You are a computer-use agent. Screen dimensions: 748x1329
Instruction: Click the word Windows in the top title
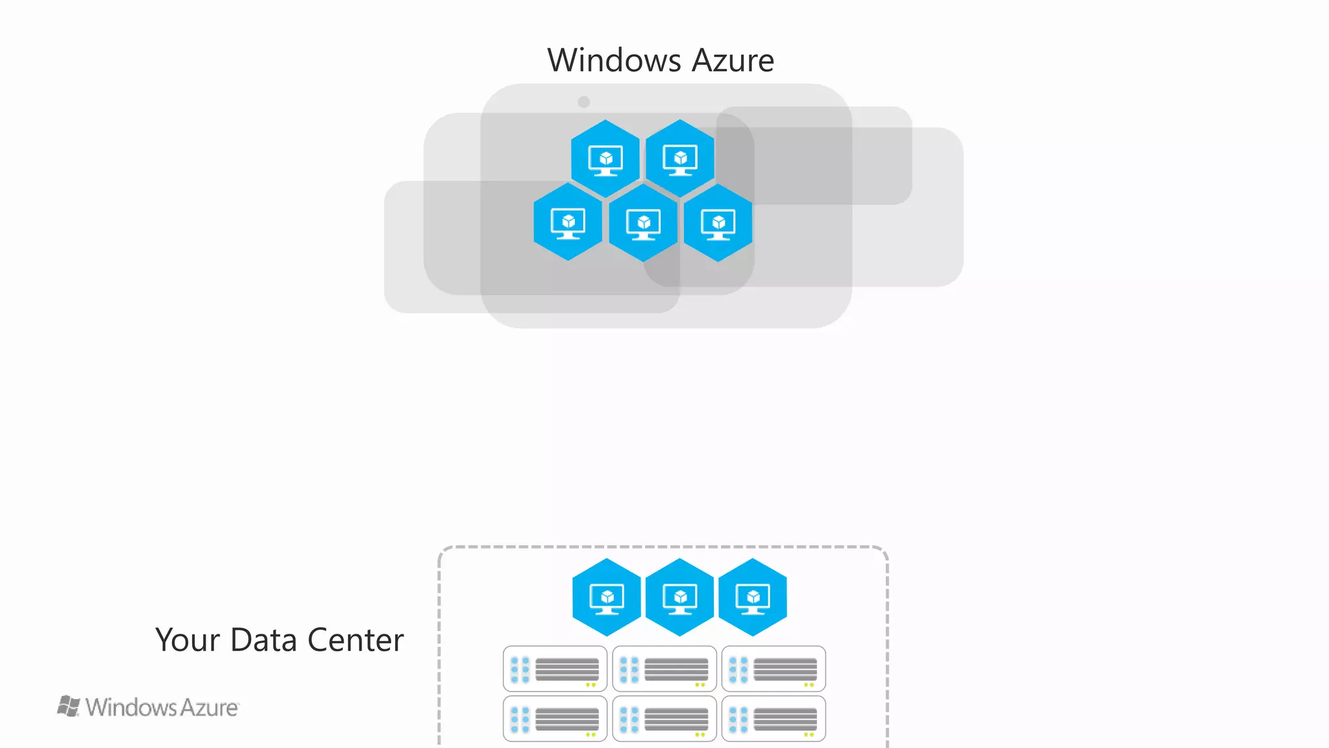pos(614,60)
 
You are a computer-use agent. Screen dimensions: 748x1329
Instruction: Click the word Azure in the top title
pos(733,60)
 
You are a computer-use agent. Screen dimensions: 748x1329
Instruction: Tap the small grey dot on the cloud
pos(583,102)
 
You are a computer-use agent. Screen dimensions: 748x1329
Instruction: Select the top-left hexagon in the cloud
pos(605,158)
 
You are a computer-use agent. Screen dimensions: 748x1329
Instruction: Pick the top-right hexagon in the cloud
pos(680,158)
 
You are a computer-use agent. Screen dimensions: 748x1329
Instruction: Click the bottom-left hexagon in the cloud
pos(568,222)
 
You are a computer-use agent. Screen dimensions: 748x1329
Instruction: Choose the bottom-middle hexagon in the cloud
pos(643,223)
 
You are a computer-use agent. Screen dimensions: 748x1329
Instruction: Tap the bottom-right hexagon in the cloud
pos(718,223)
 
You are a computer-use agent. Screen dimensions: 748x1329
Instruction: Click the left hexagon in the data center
pos(607,597)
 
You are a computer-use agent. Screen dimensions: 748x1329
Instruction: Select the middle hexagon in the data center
pos(680,597)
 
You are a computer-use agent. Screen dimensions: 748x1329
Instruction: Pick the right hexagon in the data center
pos(753,597)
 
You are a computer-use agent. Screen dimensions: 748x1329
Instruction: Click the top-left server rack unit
pos(555,669)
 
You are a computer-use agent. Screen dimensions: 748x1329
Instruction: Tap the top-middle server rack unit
pos(664,669)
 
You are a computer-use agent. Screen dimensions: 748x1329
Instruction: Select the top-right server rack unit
pos(774,669)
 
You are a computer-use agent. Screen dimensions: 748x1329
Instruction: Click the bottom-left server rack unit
pos(555,719)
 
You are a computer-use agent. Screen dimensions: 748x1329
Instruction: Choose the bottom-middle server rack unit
pos(664,719)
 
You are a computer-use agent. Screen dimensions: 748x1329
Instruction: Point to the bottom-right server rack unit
pos(774,719)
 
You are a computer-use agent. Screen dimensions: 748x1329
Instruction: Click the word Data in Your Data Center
pos(265,640)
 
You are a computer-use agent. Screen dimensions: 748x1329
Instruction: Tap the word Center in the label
pos(355,640)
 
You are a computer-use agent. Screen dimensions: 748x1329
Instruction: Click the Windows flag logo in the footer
pos(69,706)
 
